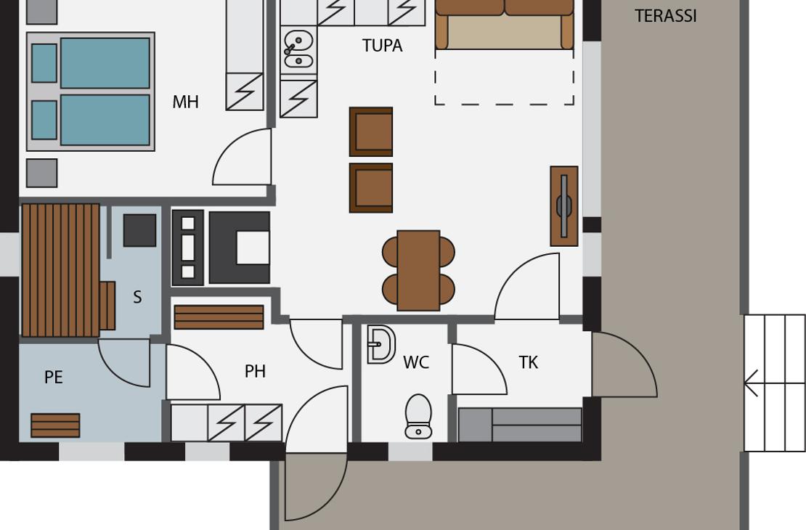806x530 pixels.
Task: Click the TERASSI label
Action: [666, 16]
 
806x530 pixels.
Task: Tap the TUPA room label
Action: [382, 46]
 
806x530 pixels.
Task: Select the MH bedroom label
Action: [186, 102]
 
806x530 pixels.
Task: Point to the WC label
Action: [416, 362]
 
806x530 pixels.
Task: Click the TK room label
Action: [529, 362]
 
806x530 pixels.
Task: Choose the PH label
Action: [255, 371]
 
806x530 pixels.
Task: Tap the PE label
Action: [54, 378]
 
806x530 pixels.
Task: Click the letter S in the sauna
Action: [137, 297]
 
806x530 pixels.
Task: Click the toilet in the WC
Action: [418, 417]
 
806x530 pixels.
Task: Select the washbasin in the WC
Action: [381, 344]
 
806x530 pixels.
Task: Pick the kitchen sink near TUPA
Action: [298, 49]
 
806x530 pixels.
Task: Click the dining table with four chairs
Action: [418, 270]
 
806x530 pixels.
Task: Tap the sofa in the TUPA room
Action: [504, 25]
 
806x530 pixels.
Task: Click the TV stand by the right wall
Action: [564, 206]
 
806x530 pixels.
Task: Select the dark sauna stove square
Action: [140, 230]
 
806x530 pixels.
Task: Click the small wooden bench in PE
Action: [55, 425]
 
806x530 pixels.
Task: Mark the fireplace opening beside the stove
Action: [253, 248]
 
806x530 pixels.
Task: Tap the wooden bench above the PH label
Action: [219, 317]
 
